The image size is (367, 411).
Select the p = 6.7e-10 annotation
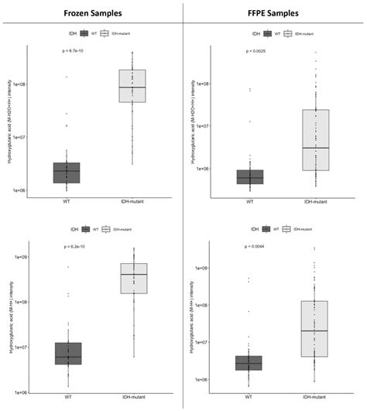pyautogui.click(x=77, y=51)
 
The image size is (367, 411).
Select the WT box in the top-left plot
pyautogui.click(x=67, y=173)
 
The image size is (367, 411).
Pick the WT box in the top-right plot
pyautogui.click(x=249, y=176)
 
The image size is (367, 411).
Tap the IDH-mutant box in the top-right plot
pyautogui.click(x=315, y=139)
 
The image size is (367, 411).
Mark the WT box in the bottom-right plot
pyautogui.click(x=249, y=363)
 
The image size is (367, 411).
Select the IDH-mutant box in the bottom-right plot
pyautogui.click(x=315, y=328)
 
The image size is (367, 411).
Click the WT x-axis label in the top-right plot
pyautogui.click(x=249, y=201)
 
